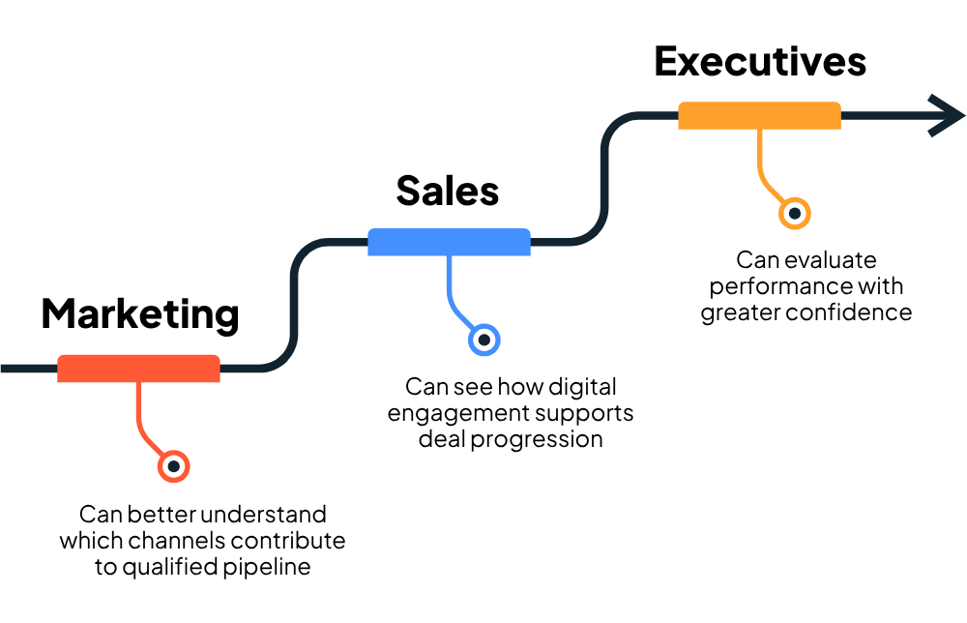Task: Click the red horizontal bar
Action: (x=138, y=369)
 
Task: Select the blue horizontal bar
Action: (x=449, y=242)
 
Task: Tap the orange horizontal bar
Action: (x=759, y=115)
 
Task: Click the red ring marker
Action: (x=174, y=466)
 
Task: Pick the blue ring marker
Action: (x=484, y=340)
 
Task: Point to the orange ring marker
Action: (x=795, y=213)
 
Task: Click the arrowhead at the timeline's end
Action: (x=948, y=116)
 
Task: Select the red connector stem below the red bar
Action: (x=139, y=411)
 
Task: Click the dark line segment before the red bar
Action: (x=27, y=369)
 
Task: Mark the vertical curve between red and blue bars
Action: (x=293, y=305)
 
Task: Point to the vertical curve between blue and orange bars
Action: (x=603, y=179)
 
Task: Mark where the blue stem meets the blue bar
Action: (x=449, y=256)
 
